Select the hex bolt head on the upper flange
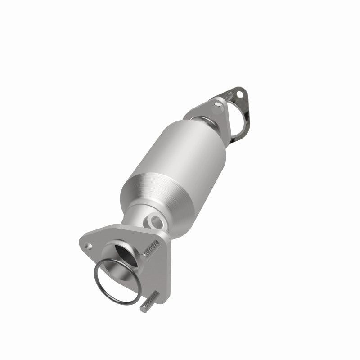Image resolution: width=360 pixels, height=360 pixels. pos(218,107)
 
